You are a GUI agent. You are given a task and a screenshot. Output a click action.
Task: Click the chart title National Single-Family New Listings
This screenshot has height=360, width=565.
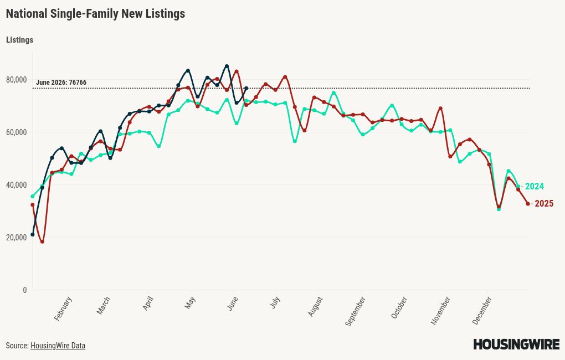pos(95,14)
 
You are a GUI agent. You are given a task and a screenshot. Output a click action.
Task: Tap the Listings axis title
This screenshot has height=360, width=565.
pos(20,40)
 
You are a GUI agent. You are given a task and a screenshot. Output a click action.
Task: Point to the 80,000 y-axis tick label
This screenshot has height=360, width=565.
pos(17,80)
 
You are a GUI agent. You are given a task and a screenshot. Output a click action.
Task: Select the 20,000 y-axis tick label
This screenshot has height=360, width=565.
pos(17,238)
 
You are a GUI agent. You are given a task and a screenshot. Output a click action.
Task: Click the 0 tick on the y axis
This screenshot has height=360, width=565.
pos(24,290)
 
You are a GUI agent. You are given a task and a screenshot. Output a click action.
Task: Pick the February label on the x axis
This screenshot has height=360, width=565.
pos(63,309)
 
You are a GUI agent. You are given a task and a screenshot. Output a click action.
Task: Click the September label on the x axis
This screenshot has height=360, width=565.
pos(355,311)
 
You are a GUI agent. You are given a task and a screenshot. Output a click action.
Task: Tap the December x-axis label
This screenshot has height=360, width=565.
pos(482,311)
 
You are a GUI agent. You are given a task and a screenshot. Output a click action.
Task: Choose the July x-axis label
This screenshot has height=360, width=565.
pos(275,303)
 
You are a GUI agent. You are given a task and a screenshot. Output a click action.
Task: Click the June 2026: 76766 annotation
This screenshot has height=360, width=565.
pos(61,83)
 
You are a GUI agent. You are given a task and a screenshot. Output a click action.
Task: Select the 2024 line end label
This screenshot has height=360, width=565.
pos(535,186)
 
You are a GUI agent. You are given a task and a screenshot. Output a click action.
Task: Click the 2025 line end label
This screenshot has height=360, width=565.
pos(544,204)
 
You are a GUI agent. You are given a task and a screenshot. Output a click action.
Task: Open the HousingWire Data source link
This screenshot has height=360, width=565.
pos(58,346)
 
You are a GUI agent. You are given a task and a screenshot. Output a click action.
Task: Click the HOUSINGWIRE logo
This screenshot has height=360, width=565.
pos(516,344)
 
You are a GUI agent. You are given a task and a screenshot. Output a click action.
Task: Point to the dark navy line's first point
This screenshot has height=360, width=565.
pos(33,235)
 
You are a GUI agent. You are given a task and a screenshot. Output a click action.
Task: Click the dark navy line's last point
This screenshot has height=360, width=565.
pos(246,88)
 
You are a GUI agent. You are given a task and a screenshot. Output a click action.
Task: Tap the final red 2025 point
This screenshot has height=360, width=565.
pos(528,204)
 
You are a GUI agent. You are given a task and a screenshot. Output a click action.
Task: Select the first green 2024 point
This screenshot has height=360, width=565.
pos(33,197)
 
